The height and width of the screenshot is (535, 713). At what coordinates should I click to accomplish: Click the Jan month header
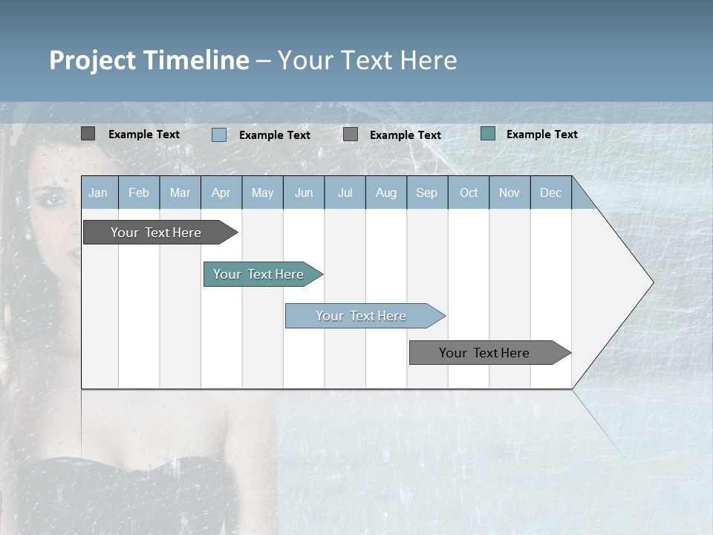click(98, 192)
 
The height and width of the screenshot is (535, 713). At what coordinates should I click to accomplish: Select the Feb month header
click(139, 192)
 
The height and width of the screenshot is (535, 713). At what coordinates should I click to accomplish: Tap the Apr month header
click(221, 192)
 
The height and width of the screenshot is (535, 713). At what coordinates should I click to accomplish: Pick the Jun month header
click(304, 192)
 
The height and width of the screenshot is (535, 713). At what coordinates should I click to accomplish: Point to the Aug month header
click(386, 192)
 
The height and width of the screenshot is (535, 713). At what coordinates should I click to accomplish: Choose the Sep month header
click(427, 192)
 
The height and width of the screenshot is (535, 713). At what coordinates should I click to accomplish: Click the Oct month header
click(469, 192)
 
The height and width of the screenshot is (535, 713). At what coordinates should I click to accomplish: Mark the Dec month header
click(551, 192)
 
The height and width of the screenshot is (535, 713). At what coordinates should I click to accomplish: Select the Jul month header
click(345, 192)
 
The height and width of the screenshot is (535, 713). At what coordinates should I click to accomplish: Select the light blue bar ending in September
click(362, 316)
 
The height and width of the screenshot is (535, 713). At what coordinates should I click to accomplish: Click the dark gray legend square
click(88, 134)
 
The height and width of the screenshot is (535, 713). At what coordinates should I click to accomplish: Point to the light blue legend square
click(219, 134)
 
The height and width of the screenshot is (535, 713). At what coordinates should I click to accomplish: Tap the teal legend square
click(488, 134)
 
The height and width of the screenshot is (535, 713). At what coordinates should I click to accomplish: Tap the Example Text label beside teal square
click(541, 134)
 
